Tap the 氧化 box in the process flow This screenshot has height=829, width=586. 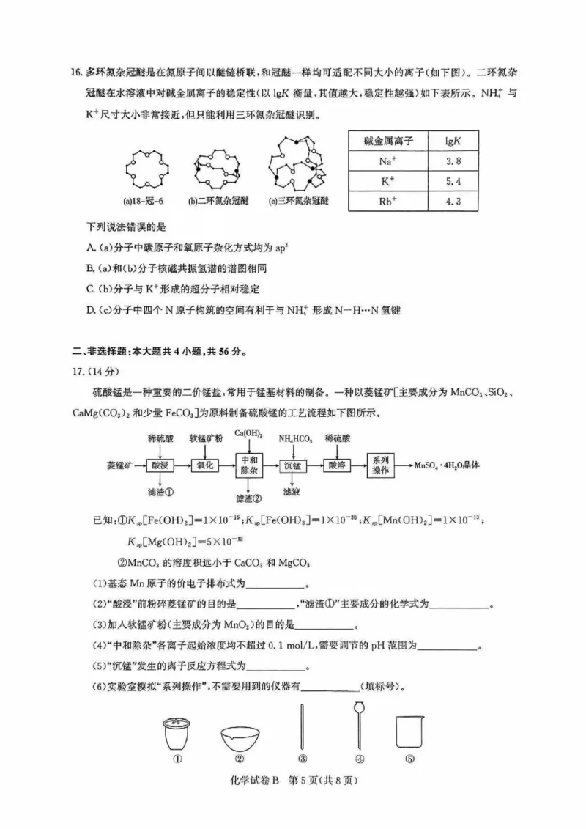(x=204, y=465)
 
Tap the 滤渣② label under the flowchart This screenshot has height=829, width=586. (x=249, y=498)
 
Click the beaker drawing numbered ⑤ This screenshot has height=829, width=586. (x=410, y=732)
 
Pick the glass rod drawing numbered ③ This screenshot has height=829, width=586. (x=302, y=726)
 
